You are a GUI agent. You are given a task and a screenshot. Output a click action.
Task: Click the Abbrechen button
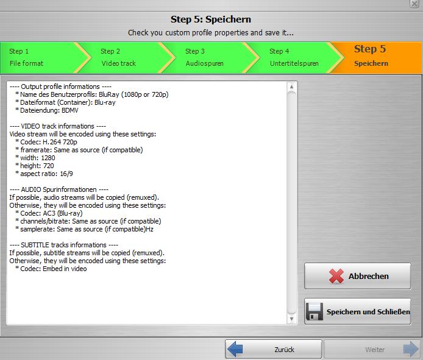point(357,276)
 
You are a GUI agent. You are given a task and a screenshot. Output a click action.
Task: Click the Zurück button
point(274,350)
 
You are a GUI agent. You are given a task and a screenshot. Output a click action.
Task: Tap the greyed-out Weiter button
point(372,350)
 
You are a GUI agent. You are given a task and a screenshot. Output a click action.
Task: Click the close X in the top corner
point(414,4)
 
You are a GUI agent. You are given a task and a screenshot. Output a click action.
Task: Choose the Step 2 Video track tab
point(127,57)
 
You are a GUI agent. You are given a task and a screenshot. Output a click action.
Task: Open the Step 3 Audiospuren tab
point(210,57)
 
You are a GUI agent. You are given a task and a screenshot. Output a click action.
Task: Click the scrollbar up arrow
point(291,87)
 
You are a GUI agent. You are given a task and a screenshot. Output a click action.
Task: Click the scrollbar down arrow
point(291,319)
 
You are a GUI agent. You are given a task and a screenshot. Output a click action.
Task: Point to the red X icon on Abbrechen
point(336,276)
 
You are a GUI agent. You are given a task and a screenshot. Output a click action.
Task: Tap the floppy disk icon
point(315,311)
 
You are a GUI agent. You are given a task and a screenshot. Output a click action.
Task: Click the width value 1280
point(48,158)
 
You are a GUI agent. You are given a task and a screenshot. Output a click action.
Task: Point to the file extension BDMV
point(70,110)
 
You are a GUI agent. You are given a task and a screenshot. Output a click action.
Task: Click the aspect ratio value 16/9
point(66,174)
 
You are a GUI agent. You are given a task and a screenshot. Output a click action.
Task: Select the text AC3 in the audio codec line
point(49,213)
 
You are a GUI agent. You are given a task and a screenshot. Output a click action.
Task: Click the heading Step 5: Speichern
point(211,19)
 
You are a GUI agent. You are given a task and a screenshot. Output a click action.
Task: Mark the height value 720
point(49,166)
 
